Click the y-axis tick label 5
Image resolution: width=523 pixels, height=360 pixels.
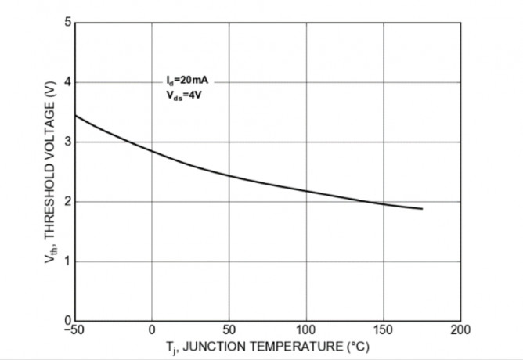pyautogui.click(x=68, y=23)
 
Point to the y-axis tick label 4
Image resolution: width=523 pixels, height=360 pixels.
pyautogui.click(x=68, y=82)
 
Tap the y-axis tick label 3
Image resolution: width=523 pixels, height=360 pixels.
pyautogui.click(x=68, y=142)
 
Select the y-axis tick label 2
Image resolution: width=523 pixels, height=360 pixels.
pyautogui.click(x=68, y=202)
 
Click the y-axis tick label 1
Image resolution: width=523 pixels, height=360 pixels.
pyautogui.click(x=68, y=261)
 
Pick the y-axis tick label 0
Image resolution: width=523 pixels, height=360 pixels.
pyautogui.click(x=68, y=320)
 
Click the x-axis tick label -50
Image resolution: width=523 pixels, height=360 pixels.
pyautogui.click(x=74, y=329)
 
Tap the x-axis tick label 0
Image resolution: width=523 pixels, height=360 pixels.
pyautogui.click(x=152, y=329)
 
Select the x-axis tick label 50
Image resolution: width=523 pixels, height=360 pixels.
pyautogui.click(x=229, y=329)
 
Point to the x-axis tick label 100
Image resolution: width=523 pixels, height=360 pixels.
pyautogui.click(x=306, y=329)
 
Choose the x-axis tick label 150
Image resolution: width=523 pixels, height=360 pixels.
pyautogui.click(x=384, y=329)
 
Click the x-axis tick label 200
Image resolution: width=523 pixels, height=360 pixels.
pyautogui.click(x=460, y=329)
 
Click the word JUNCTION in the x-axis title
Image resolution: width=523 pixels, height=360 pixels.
pyautogui.click(x=216, y=346)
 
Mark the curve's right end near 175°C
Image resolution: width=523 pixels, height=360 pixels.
pyautogui.click(x=422, y=209)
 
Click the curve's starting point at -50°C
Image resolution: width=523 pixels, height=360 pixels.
pyautogui.click(x=75, y=116)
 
